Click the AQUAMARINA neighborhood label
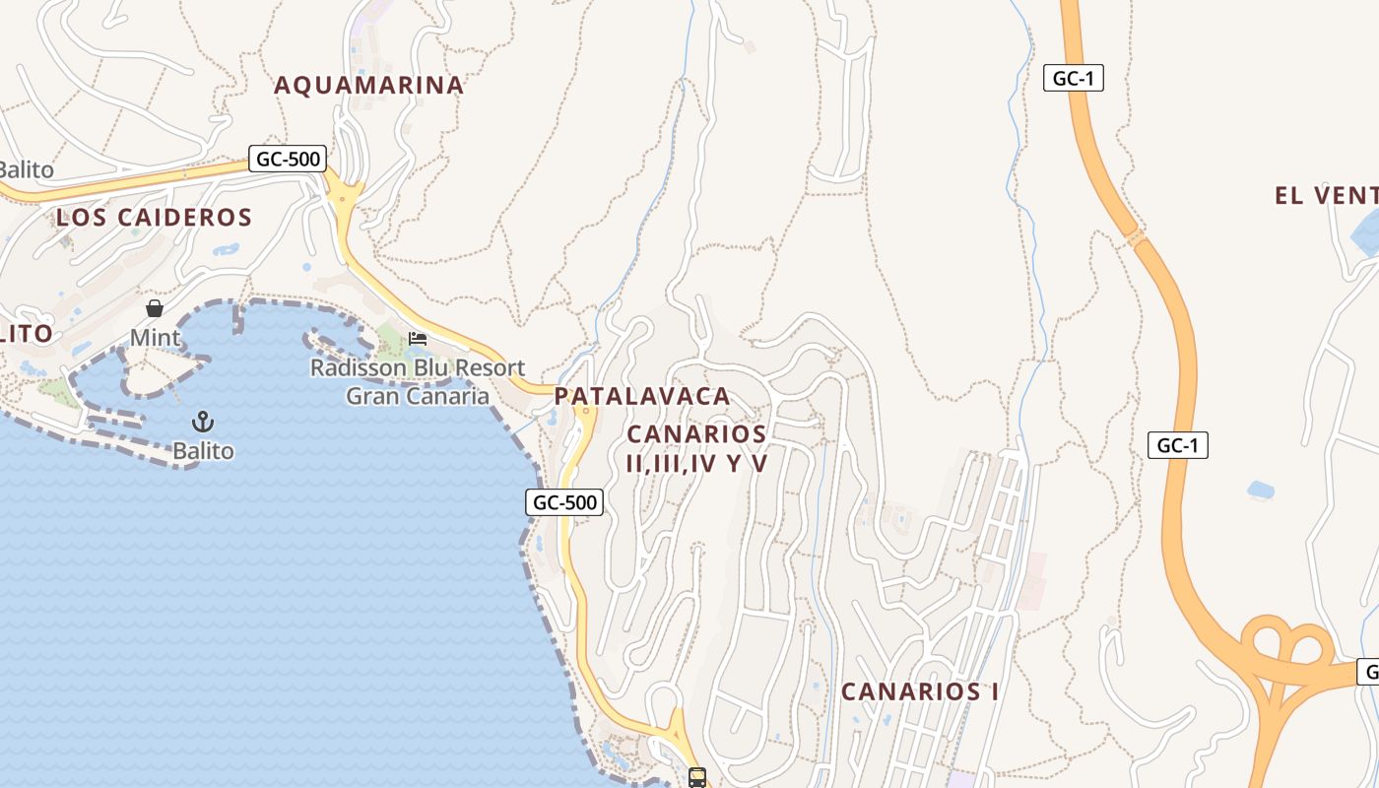368,86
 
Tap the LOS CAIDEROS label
155,218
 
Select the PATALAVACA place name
642,397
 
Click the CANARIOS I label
920,691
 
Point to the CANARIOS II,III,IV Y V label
696,448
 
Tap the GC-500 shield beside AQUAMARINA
288,159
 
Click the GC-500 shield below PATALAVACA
563,502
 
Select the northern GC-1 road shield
1073,79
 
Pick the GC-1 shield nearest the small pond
1177,445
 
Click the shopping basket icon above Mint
155,308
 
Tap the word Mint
156,339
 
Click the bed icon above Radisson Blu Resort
418,339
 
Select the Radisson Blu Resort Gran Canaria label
418,382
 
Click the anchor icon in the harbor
203,423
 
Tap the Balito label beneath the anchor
203,452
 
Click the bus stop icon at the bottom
697,777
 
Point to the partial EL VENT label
1325,195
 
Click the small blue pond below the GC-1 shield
1260,489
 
